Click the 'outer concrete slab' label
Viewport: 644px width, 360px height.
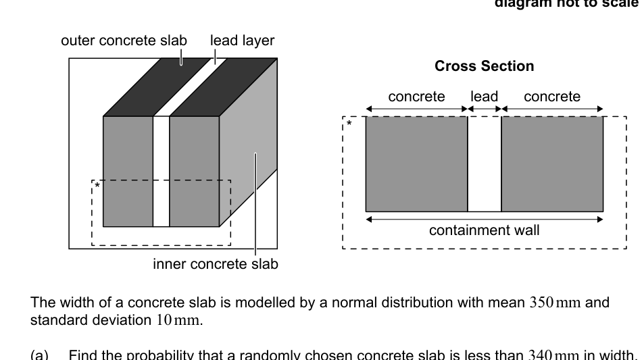tap(124, 41)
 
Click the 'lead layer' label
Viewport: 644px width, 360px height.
tap(242, 41)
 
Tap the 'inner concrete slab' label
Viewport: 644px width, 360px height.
tap(215, 264)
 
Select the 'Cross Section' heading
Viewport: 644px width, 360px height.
tap(484, 66)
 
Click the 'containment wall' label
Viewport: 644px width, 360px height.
tap(484, 230)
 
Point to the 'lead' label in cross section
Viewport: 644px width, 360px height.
tap(484, 97)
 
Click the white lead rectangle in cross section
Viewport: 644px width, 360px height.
tap(484, 164)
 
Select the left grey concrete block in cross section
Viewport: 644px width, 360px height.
tap(416, 164)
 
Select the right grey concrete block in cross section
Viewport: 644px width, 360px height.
tap(552, 164)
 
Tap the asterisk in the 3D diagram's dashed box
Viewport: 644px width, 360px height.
tap(98, 186)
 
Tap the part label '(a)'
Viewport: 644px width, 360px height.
tap(41, 353)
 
